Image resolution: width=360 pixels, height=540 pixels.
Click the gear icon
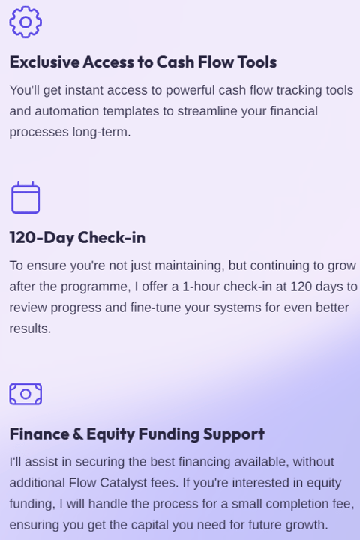[x=25, y=22]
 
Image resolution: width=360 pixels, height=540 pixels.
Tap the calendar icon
[x=25, y=198]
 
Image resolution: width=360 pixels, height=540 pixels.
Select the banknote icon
[x=25, y=394]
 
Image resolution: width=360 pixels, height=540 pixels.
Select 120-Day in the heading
[x=41, y=238]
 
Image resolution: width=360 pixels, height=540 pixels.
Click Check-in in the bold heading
[x=112, y=237]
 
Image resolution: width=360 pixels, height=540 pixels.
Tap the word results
[x=30, y=328]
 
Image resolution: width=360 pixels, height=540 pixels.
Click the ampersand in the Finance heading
[x=77, y=433]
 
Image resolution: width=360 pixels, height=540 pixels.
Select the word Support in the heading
[x=234, y=434]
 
